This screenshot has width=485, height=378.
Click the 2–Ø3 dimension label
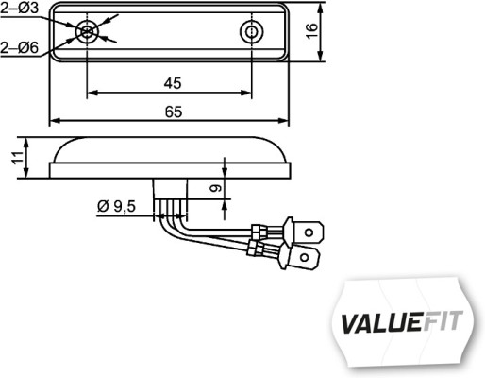[19, 9]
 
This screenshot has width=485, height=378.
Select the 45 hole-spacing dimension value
[171, 83]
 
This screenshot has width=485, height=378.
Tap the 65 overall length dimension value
[171, 112]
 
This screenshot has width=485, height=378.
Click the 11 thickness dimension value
[16, 156]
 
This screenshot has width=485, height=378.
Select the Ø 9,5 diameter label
[117, 205]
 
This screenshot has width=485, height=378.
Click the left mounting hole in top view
[87, 32]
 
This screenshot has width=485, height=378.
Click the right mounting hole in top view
[251, 32]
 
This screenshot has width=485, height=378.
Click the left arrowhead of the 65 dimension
[54, 121]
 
